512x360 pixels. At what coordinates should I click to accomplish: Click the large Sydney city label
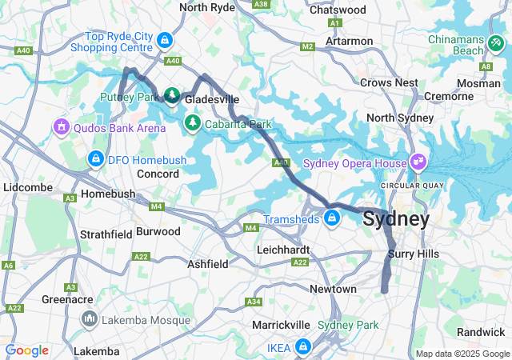pyautogui.click(x=396, y=218)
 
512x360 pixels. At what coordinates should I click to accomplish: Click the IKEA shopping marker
pyautogui.click(x=303, y=347)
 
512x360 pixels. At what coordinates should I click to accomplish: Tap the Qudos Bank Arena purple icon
pyautogui.click(x=62, y=126)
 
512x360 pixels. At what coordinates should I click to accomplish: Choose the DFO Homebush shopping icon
pyautogui.click(x=96, y=158)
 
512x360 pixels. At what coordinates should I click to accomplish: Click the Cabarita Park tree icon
pyautogui.click(x=192, y=123)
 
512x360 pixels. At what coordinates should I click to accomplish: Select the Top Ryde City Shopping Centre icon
pyautogui.click(x=164, y=39)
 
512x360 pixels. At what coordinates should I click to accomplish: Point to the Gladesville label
pyautogui.click(x=212, y=99)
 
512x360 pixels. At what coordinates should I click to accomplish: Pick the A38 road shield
pyautogui.click(x=260, y=4)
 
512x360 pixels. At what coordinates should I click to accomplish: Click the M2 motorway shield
pyautogui.click(x=308, y=47)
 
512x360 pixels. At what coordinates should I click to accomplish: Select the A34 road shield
pyautogui.click(x=254, y=302)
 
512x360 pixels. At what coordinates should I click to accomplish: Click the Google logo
pyautogui.click(x=26, y=350)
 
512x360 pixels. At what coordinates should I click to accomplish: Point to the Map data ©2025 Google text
pyautogui.click(x=462, y=354)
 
